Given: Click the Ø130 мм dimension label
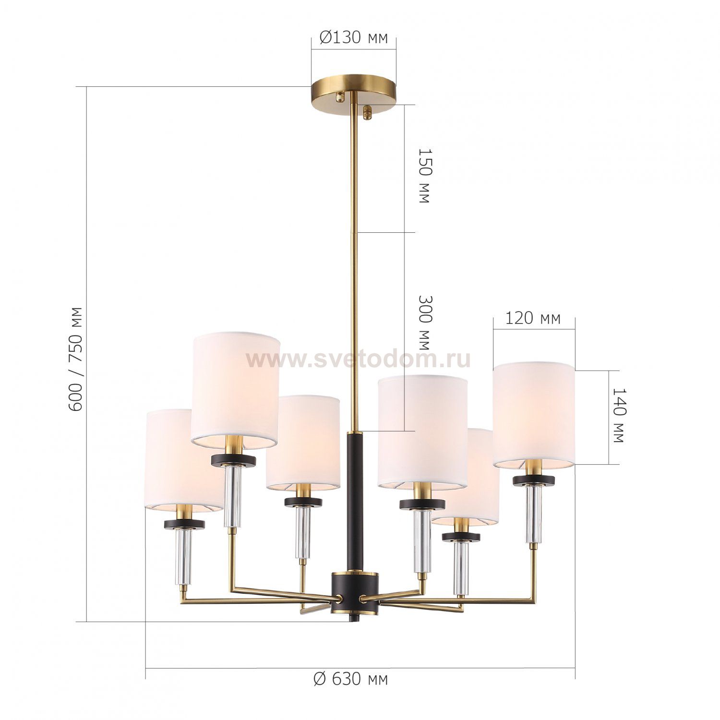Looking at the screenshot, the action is (353, 38).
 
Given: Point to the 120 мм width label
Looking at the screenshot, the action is (533, 318).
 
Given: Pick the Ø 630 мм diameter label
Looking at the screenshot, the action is (350, 679).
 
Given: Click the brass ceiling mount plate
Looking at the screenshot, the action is (353, 90).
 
